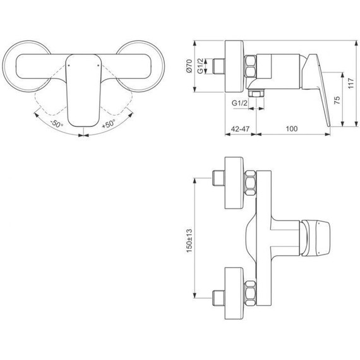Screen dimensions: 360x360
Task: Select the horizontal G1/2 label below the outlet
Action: click(x=239, y=102)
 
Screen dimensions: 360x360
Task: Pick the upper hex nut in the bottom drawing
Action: click(x=250, y=183)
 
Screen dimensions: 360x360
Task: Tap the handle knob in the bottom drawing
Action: click(x=313, y=237)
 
